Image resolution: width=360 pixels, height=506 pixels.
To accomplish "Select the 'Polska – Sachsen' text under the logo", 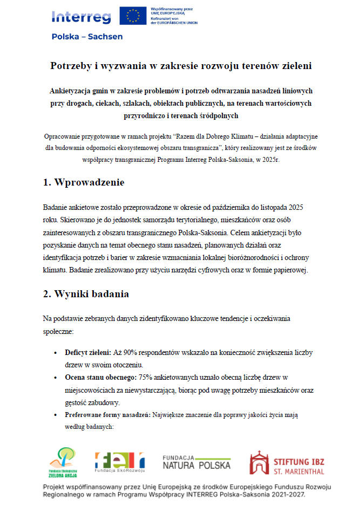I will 87,37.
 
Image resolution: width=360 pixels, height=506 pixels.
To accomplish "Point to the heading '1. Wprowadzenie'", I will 84,182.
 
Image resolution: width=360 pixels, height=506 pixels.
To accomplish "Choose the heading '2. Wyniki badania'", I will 86,294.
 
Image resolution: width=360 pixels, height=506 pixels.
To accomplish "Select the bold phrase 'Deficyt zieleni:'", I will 88,353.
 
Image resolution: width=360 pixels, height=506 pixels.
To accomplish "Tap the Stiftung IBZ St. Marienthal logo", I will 286,463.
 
